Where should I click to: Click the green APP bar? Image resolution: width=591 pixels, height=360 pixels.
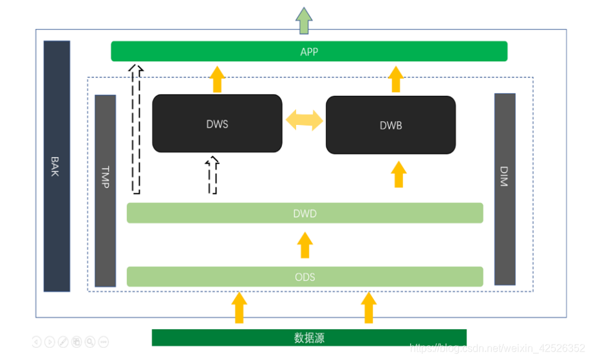point(309,52)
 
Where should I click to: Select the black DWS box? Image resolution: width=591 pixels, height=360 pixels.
point(217,124)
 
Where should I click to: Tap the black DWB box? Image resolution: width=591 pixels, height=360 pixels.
point(391,125)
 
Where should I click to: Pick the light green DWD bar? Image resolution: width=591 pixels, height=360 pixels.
point(305,213)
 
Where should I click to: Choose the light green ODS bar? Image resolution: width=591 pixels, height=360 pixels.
point(305,277)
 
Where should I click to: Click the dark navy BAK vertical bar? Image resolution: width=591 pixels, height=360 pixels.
point(57,166)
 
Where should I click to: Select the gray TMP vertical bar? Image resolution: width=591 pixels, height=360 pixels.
point(105,191)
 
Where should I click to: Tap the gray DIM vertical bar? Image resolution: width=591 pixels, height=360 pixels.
point(505,189)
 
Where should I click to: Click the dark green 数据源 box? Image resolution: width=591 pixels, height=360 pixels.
point(309,337)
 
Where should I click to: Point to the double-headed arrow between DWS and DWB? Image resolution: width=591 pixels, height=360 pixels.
point(305,120)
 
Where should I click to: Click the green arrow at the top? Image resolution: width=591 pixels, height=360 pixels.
point(304,21)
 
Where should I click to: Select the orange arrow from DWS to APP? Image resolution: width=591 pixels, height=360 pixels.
point(218,79)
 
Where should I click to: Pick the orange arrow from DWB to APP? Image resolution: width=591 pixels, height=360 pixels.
point(396,79)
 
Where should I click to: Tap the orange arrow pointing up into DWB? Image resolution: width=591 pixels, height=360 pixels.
point(399,175)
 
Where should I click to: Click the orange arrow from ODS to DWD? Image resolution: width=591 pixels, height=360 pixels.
point(305,245)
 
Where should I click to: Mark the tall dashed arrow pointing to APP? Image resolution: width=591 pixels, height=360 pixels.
point(136,129)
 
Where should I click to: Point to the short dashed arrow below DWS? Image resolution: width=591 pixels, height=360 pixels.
point(212,175)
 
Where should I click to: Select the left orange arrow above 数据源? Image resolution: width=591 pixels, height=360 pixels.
point(239,308)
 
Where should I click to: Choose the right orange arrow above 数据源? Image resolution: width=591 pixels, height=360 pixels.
point(369,308)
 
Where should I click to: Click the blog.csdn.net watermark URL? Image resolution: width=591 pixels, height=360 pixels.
point(498,348)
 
